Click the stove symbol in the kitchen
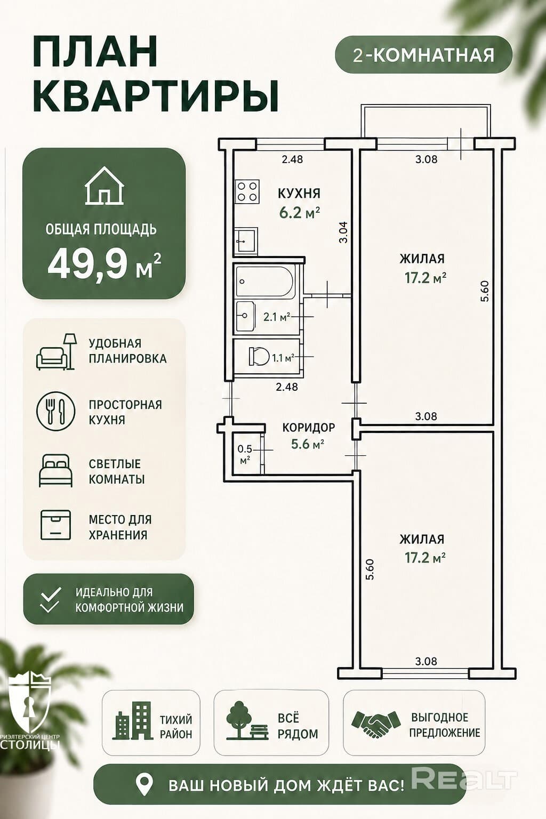247,191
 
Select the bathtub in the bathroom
265,281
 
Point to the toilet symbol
259,356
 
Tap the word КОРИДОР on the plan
309,427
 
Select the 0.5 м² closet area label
245,454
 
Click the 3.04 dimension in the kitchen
343,232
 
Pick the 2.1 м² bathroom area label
277,317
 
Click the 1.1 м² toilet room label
283,358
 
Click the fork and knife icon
55,411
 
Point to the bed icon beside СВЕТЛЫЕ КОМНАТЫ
55,471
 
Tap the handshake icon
375,724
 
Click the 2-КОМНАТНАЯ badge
423,55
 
